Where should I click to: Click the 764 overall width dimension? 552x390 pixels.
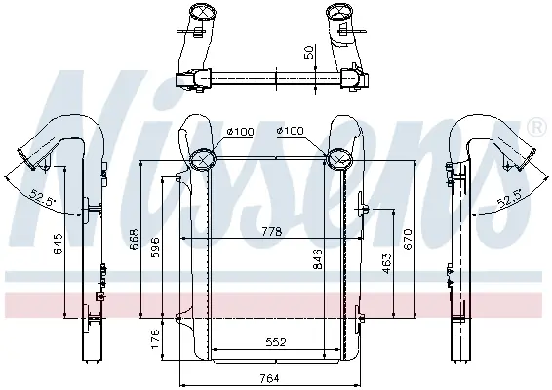click(270, 378)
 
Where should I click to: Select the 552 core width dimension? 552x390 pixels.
click(276, 342)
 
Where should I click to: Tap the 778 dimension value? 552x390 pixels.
click(272, 232)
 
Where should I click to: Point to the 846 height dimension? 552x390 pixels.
click(318, 258)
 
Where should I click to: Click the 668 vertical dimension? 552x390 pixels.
click(135, 239)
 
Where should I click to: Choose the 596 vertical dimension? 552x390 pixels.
click(155, 247)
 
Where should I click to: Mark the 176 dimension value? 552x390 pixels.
click(155, 339)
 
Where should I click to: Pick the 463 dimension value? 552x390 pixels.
click(386, 263)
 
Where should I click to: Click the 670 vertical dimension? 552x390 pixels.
click(408, 239)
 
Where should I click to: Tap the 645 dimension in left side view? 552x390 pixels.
click(59, 243)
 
